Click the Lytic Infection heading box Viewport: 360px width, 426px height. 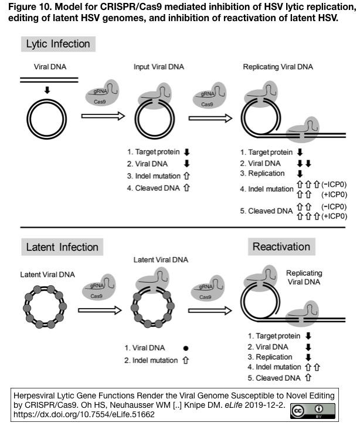(x=58, y=44)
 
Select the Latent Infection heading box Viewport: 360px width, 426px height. (x=62, y=247)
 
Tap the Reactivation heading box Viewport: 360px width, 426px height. (x=281, y=246)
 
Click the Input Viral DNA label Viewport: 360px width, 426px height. (x=159, y=67)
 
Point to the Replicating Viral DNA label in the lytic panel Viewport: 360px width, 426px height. (x=278, y=67)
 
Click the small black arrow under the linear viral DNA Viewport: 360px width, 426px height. (x=47, y=90)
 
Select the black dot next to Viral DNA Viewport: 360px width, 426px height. (x=186, y=348)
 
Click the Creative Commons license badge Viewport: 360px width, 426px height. (x=313, y=411)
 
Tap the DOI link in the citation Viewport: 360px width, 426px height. (x=84, y=414)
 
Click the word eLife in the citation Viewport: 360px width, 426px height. (x=233, y=405)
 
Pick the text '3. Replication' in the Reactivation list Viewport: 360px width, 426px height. (x=270, y=357)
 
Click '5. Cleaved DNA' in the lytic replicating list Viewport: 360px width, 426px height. (x=266, y=211)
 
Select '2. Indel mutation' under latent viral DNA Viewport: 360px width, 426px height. (x=151, y=360)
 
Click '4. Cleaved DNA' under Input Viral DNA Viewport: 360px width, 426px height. (x=154, y=188)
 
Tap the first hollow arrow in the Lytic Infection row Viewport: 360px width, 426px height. (x=103, y=116)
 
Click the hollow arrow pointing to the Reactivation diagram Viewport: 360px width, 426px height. (x=210, y=310)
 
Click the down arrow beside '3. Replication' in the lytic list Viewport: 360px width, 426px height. (x=300, y=174)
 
